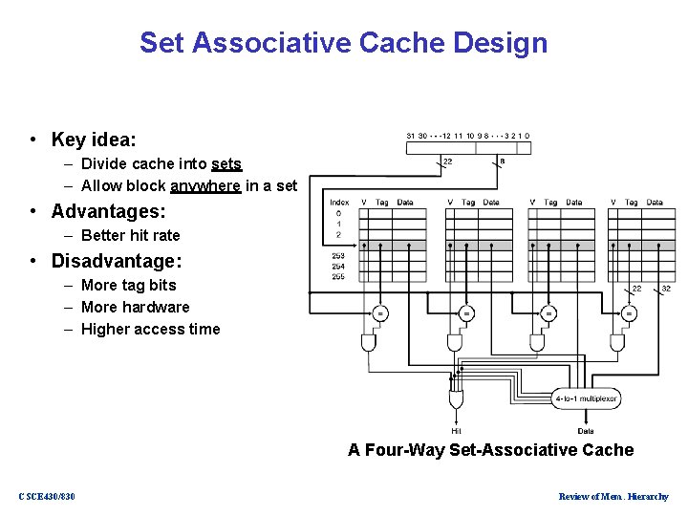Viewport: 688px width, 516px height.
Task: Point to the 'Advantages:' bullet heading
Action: [x=108, y=210]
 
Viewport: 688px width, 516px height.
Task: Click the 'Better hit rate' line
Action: [x=130, y=235]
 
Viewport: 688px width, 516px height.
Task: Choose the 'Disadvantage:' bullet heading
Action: [x=117, y=261]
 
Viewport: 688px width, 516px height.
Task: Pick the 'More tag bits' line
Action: [x=128, y=285]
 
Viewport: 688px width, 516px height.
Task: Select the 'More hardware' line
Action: [x=135, y=307]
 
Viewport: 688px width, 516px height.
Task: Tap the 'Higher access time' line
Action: [x=150, y=329]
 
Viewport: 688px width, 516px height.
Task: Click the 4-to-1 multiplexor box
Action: [x=587, y=398]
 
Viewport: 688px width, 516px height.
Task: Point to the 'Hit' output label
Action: [x=457, y=431]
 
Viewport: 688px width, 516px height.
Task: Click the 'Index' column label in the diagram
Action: [x=339, y=203]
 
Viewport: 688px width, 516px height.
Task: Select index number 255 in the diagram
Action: [x=339, y=277]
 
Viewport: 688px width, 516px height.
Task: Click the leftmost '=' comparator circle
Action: [x=380, y=312]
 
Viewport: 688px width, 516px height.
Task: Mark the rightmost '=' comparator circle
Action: [x=629, y=312]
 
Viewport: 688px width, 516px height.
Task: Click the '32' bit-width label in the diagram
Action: [x=665, y=289]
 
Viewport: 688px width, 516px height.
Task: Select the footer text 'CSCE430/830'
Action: [x=47, y=496]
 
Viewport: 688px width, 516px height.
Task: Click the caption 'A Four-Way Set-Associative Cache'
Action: [x=490, y=450]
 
